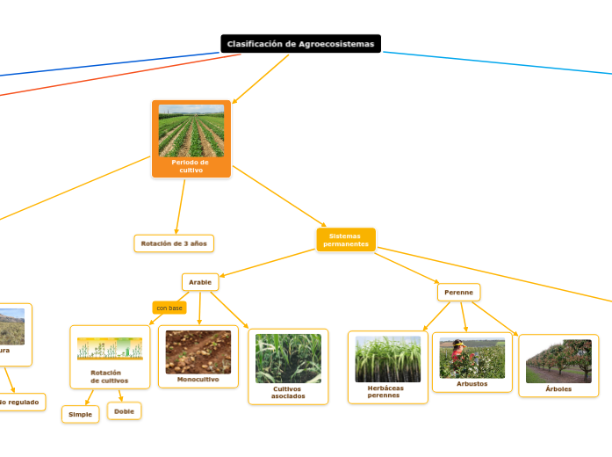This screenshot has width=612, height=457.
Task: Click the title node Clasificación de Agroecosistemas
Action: (x=300, y=44)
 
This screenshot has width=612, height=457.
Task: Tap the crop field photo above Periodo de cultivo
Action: (x=191, y=131)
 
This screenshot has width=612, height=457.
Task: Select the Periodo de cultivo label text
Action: (x=191, y=166)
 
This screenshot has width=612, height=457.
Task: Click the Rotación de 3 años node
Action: (x=174, y=243)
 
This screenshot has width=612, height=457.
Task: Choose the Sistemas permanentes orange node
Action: (x=346, y=240)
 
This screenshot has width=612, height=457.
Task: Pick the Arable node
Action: (x=200, y=282)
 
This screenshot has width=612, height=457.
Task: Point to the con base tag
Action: (x=169, y=308)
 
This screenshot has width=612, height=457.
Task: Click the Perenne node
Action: (x=458, y=292)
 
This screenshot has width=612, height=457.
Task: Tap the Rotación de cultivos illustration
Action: (x=110, y=349)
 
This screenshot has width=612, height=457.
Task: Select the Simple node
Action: (x=80, y=414)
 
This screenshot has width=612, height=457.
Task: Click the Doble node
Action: (x=124, y=410)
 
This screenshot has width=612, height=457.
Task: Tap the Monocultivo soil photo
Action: (x=198, y=352)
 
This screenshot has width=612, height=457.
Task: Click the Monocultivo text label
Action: (x=198, y=380)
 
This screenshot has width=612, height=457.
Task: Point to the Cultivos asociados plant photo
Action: (x=288, y=358)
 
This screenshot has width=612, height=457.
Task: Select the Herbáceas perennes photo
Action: (x=387, y=359)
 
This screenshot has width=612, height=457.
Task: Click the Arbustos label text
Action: (x=472, y=384)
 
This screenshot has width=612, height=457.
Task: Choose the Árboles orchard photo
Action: (x=558, y=361)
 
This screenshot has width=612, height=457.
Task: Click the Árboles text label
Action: (x=558, y=388)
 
